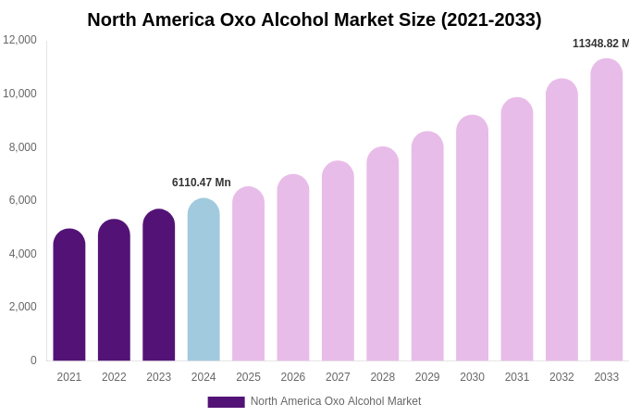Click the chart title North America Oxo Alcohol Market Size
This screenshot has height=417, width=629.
(314, 19)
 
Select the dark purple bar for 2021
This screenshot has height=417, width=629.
(69, 297)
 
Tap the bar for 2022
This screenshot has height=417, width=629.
(114, 292)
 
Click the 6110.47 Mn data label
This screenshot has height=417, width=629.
(202, 183)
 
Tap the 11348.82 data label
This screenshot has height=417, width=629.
(600, 44)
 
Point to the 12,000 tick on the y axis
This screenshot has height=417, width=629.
(20, 40)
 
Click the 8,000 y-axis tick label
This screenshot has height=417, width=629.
(23, 146)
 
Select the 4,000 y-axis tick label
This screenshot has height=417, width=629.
(23, 253)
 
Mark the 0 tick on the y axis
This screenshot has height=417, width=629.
(33, 360)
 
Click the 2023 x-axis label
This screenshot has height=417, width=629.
(159, 377)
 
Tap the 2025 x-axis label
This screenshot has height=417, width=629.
(248, 377)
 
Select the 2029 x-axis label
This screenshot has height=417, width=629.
(427, 377)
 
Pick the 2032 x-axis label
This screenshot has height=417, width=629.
(561, 377)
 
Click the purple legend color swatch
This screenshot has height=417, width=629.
(226, 402)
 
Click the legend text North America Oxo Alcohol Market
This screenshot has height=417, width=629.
(336, 401)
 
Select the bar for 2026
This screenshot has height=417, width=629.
(293, 269)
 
